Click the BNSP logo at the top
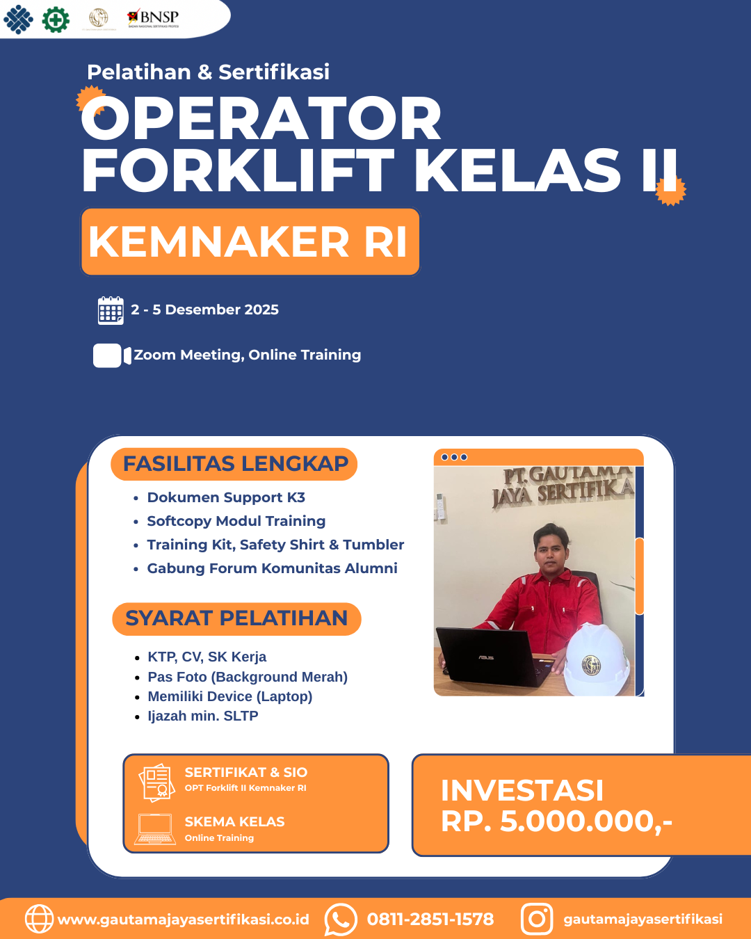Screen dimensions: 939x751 [154, 18]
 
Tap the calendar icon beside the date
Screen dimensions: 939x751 [111, 310]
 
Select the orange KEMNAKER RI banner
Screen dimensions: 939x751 [250, 242]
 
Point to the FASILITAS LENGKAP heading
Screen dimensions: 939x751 [234, 464]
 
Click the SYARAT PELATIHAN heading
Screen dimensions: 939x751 [236, 618]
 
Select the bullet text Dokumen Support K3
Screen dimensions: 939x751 [226, 497]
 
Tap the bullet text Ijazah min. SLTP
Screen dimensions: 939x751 [202, 716]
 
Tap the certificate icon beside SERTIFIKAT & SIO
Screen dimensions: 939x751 [156, 782]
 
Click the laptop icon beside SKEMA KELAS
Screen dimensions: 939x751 [155, 829]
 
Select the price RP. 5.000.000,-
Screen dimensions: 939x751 [556, 821]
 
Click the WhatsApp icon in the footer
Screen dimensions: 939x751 [341, 920]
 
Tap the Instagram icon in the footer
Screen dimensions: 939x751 [537, 920]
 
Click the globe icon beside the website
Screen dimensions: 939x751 [39, 919]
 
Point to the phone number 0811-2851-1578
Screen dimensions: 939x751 [430, 920]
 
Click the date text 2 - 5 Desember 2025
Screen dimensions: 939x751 [204, 310]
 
